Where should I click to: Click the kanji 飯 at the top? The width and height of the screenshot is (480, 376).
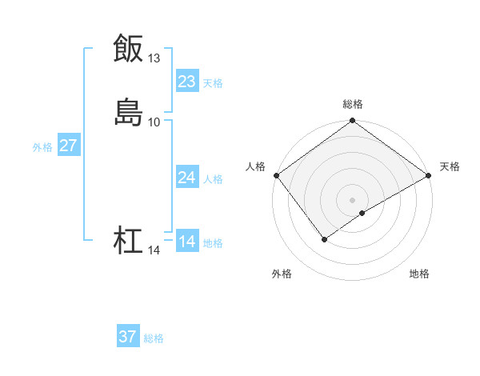[129, 48]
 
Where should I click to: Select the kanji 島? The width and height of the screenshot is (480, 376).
[129, 112]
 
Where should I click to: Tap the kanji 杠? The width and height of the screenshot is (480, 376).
[129, 241]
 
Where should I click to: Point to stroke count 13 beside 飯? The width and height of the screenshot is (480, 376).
[154, 58]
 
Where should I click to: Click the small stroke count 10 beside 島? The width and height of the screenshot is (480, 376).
[154, 122]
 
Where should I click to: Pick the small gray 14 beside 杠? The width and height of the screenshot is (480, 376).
[154, 251]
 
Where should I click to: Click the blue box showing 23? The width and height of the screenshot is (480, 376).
[187, 81]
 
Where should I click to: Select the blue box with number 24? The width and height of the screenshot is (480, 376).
[187, 178]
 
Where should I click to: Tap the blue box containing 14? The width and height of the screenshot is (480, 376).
[187, 242]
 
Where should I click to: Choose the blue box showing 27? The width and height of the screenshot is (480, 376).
[68, 146]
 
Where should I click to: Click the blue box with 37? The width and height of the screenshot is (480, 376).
[128, 337]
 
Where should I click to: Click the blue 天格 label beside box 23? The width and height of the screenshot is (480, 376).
[213, 82]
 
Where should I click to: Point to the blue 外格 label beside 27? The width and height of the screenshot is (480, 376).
[42, 147]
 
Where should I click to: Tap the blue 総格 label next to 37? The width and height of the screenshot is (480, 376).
[154, 338]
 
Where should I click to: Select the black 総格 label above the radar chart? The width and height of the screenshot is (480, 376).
[353, 104]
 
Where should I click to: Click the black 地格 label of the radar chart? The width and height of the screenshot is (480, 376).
[419, 274]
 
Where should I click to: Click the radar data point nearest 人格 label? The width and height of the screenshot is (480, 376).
[276, 175]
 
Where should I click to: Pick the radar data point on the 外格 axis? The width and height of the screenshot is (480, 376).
[324, 239]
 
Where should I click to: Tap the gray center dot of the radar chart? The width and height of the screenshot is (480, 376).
[353, 199]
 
